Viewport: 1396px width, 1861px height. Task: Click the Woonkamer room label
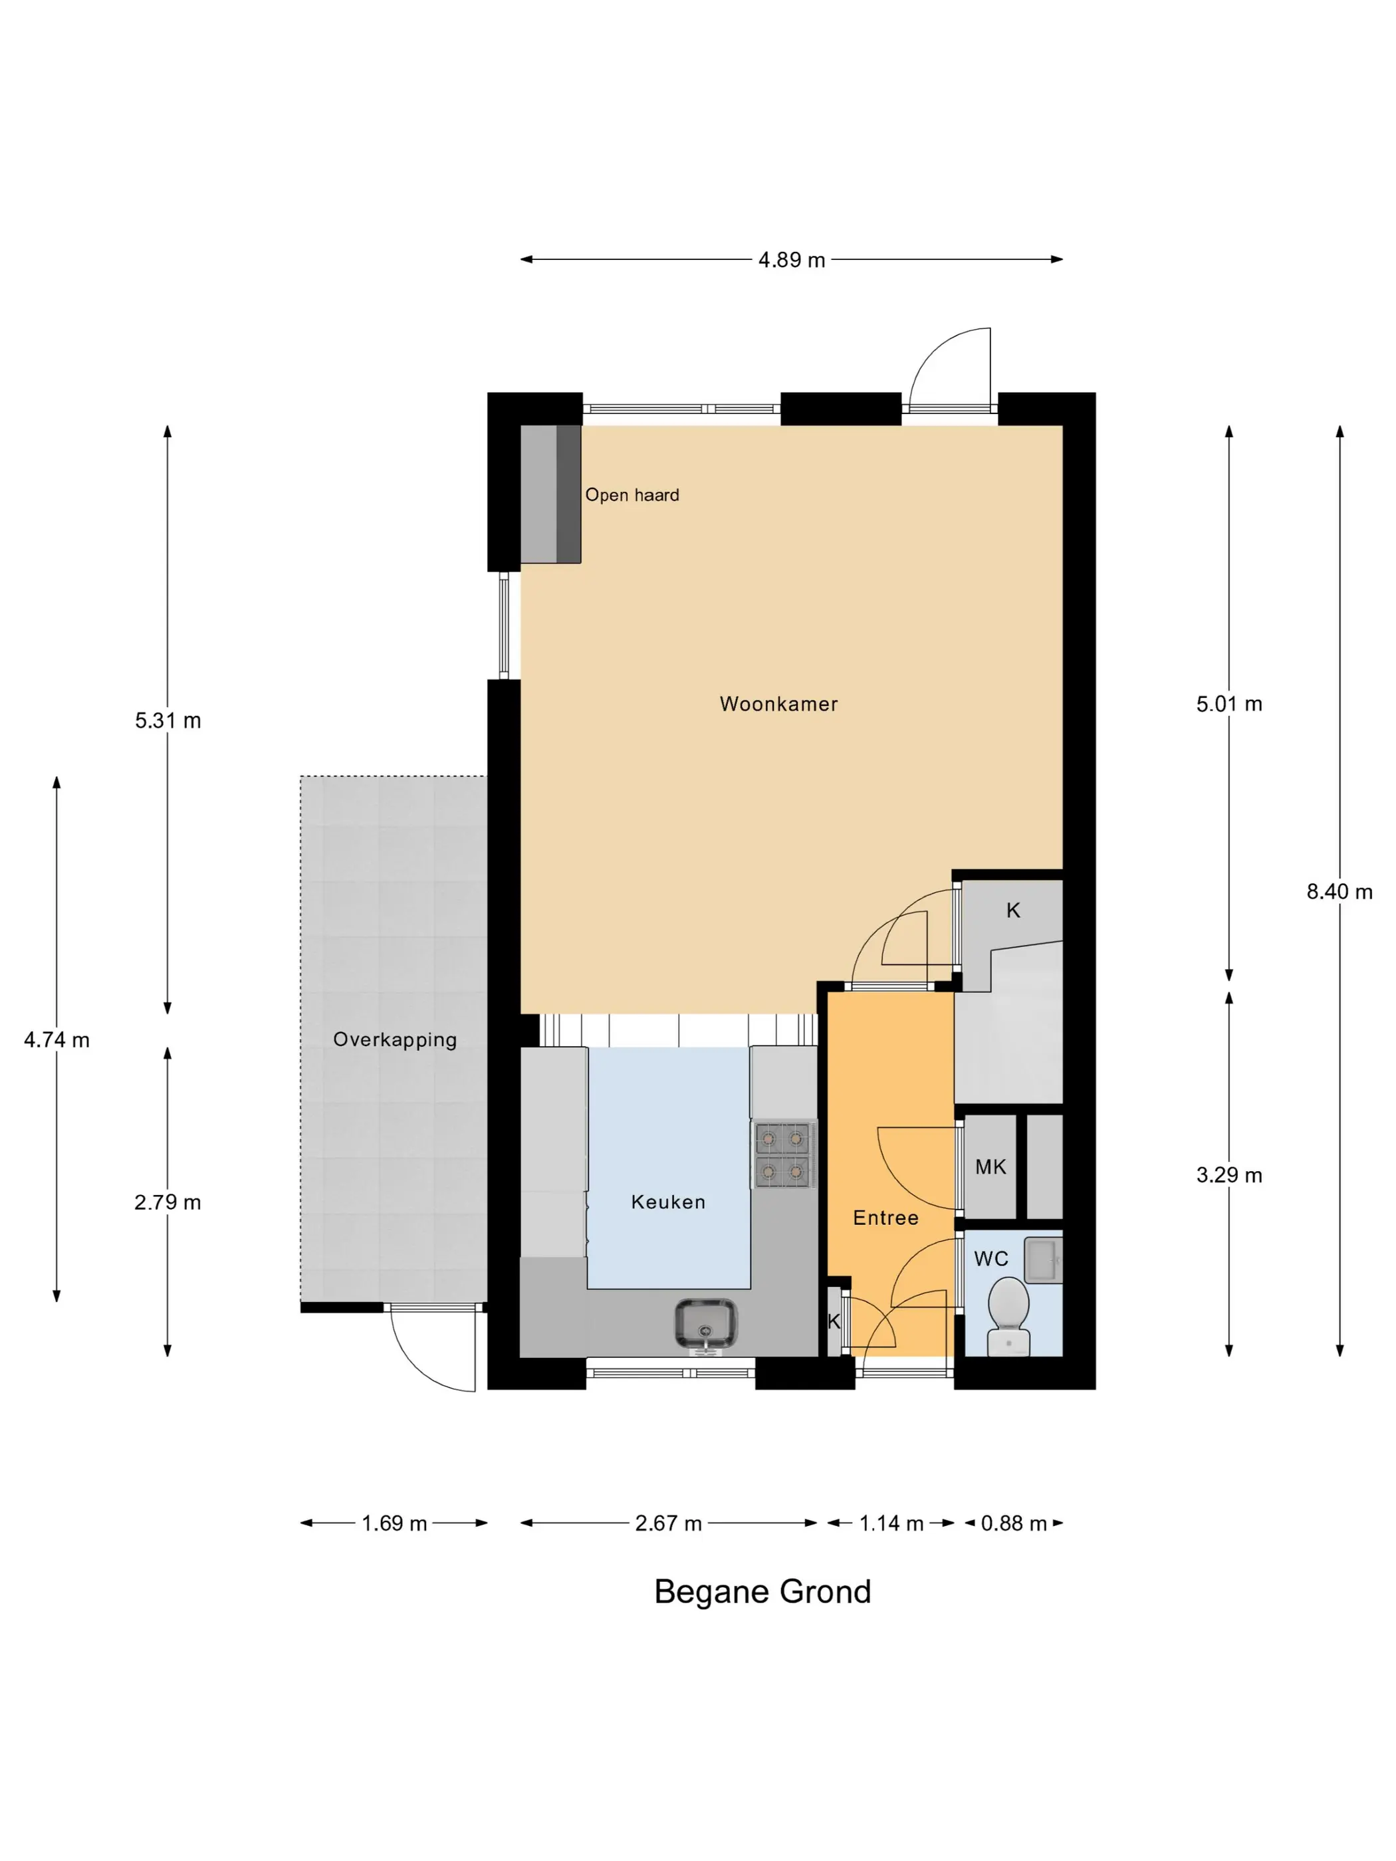click(x=778, y=703)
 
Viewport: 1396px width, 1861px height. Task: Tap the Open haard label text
click(x=632, y=494)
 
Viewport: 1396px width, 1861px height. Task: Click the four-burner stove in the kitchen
click(x=782, y=1154)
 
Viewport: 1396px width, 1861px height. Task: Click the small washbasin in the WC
click(x=1044, y=1260)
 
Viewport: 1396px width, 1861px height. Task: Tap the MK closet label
click(x=990, y=1167)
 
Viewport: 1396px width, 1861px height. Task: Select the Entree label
click(x=885, y=1218)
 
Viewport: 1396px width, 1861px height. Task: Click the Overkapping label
click(x=395, y=1040)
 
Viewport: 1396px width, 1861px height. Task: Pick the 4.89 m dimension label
click(x=791, y=260)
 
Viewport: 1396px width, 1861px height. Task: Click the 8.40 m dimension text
click(x=1339, y=892)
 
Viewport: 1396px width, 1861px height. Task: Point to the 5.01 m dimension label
click(x=1228, y=704)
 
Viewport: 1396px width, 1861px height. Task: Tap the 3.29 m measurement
click(x=1228, y=1175)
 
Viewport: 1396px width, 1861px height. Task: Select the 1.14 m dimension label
click(x=891, y=1523)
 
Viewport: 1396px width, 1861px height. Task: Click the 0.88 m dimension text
click(x=1013, y=1523)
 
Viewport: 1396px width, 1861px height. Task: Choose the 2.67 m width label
click(x=668, y=1523)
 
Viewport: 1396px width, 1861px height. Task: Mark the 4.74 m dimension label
click(x=57, y=1040)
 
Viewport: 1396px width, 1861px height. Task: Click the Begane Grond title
click(x=762, y=1592)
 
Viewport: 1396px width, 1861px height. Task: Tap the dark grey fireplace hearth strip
click(x=569, y=494)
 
